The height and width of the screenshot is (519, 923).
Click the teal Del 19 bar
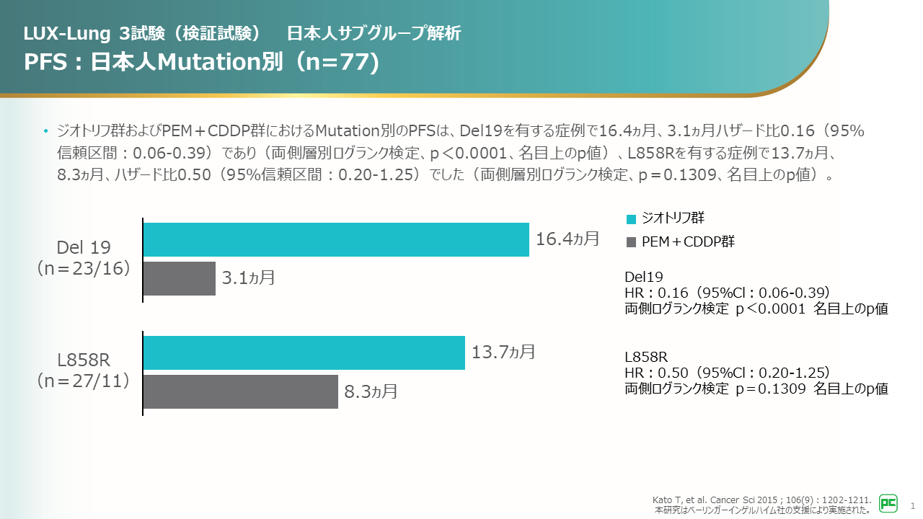pos(336,239)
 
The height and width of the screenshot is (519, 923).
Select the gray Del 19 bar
pos(180,278)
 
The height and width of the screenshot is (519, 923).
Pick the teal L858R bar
pos(304,352)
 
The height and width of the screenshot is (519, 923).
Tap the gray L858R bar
pos(240,391)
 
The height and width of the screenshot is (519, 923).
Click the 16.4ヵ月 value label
pos(568,239)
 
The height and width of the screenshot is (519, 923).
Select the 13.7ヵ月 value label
pos(503,352)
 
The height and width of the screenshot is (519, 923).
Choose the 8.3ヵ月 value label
pos(371,392)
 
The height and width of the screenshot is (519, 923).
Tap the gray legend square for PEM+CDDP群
pos(632,242)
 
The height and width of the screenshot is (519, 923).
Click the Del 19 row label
pos(84,248)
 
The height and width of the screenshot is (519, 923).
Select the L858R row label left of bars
pos(84,359)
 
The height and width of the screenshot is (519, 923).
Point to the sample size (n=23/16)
pos(84,268)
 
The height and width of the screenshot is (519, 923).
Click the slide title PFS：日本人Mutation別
pos(200,62)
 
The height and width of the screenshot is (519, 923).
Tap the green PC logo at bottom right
pos(888,503)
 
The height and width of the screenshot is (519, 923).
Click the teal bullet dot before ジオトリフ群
pos(47,132)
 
